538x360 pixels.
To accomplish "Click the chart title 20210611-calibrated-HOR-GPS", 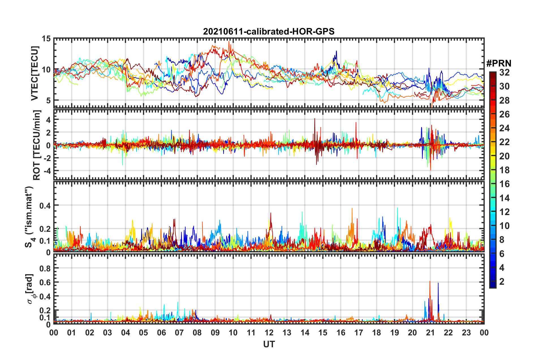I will (x=269, y=31).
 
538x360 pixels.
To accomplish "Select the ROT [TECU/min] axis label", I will (x=37, y=145).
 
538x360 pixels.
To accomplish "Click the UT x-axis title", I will (x=269, y=344).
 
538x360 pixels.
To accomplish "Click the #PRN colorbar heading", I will (x=499, y=63).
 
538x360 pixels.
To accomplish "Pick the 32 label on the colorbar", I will (x=504, y=72).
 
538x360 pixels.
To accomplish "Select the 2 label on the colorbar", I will (x=502, y=282).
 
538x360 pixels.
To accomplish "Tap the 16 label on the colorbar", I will (x=504, y=184).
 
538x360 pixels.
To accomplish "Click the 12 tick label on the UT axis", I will (x=269, y=333).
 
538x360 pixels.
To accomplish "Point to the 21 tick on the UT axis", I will (x=431, y=333).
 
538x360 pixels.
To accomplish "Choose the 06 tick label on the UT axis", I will (x=162, y=333).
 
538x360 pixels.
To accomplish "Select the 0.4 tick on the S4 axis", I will (x=45, y=205).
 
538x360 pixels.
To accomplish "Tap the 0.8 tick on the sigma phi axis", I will (x=45, y=268).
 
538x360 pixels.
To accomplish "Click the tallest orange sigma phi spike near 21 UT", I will (x=430, y=282).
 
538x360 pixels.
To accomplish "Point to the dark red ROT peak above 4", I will (x=315, y=119).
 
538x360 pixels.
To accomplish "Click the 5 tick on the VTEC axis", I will (x=48, y=100).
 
